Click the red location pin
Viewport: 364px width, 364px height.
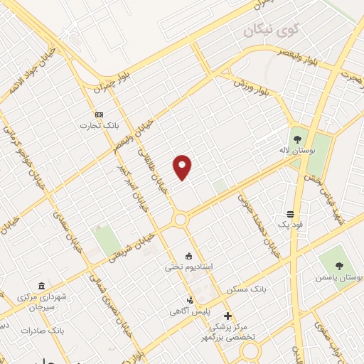click(x=183, y=167)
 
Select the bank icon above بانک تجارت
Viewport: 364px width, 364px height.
click(x=99, y=114)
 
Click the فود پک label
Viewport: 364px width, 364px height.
click(x=291, y=225)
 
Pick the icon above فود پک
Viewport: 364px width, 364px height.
click(x=291, y=213)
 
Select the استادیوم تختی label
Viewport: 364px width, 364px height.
click(x=190, y=267)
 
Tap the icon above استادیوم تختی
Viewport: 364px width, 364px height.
click(x=188, y=255)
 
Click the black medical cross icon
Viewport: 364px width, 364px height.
click(x=227, y=316)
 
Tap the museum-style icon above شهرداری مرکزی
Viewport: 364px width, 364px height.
click(x=41, y=285)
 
